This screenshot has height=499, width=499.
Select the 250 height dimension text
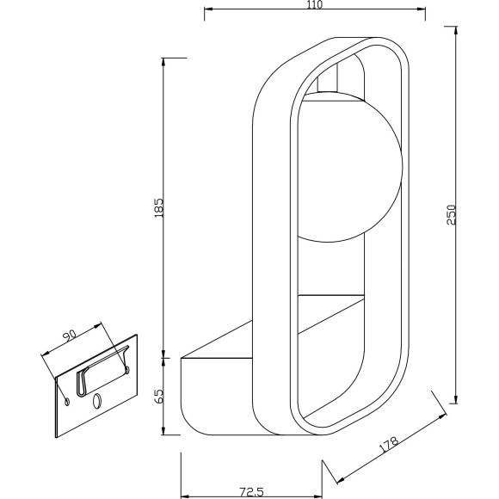tap(451, 214)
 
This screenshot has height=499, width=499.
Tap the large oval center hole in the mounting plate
tap(95, 400)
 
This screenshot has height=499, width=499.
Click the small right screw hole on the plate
tap(126, 369)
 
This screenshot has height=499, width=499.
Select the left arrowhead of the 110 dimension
tap(207, 12)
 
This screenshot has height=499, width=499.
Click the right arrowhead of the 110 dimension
tap(422, 12)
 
